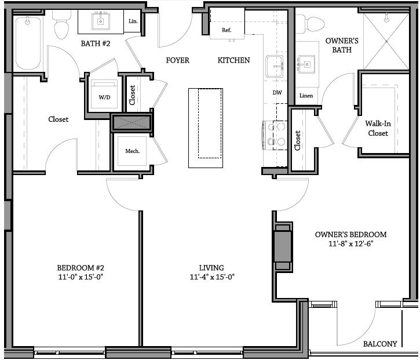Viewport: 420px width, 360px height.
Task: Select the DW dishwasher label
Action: [277, 93]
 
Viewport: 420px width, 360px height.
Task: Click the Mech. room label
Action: [133, 151]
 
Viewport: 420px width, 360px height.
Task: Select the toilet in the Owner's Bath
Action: [314, 23]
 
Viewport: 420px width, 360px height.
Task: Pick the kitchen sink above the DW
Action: [275, 66]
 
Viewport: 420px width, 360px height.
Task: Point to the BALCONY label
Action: [380, 344]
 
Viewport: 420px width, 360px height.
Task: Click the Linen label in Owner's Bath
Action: [306, 96]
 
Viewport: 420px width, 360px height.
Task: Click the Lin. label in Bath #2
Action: [132, 21]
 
